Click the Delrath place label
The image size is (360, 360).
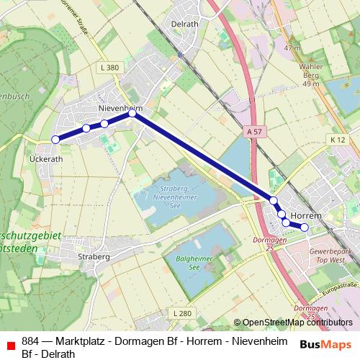pyautogui.click(x=185, y=23)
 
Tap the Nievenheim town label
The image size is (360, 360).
pyautogui.click(x=120, y=108)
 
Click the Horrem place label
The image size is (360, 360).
pyautogui.click(x=309, y=215)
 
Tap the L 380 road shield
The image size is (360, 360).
pyautogui.click(x=110, y=68)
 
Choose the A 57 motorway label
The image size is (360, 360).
pyautogui.click(x=253, y=132)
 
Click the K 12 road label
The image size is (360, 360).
pyautogui.click(x=338, y=139)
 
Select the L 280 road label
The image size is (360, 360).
pyautogui.click(x=183, y=313)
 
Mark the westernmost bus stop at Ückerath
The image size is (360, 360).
pyautogui.click(x=55, y=140)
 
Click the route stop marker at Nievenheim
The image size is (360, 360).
pyautogui.click(x=132, y=113)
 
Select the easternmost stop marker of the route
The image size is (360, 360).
pyautogui.click(x=305, y=228)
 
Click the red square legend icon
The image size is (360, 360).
pyautogui.click(x=10, y=346)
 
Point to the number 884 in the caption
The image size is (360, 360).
pyautogui.click(x=30, y=341)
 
